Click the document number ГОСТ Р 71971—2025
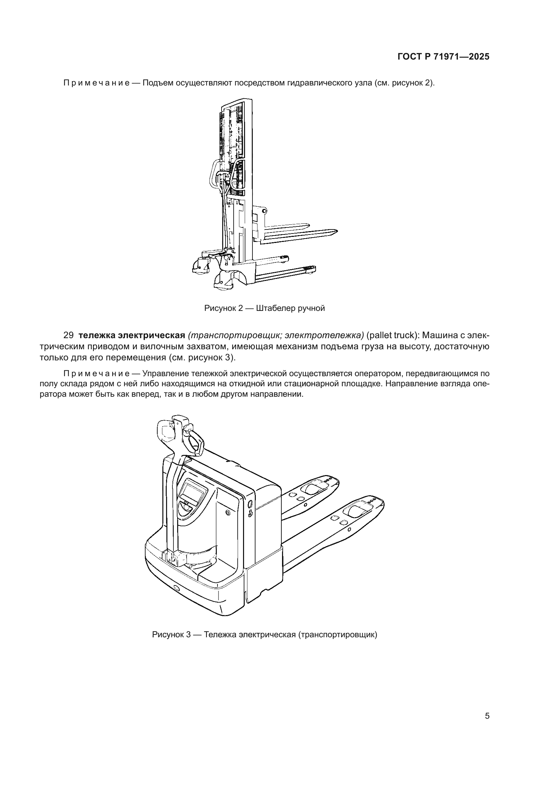[x=443, y=57]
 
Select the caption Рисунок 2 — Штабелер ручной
[x=264, y=309]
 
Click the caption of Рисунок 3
[x=264, y=635]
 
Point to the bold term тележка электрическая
[x=132, y=335]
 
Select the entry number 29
[x=69, y=335]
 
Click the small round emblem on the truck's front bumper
[x=177, y=588]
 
